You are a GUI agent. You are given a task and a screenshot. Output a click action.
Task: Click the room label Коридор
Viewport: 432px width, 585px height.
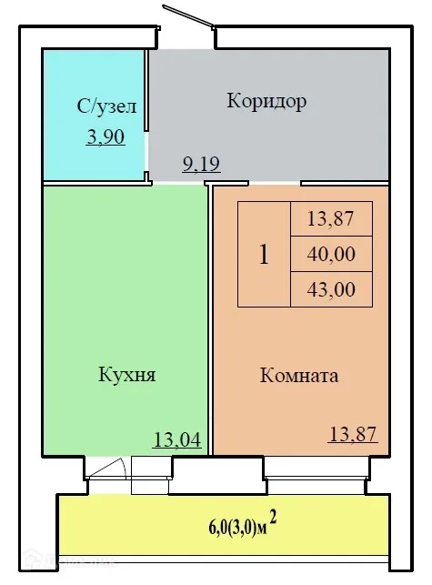[266, 101]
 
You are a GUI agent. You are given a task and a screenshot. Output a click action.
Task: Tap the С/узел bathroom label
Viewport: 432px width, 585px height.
[106, 107]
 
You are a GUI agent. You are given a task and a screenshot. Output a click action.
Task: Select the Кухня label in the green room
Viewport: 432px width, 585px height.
[126, 374]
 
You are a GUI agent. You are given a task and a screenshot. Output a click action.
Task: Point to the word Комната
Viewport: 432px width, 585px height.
[299, 375]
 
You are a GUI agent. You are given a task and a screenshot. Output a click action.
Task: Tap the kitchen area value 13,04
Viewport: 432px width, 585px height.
[176, 441]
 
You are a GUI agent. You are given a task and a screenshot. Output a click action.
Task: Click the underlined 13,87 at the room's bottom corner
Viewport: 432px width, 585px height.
[351, 436]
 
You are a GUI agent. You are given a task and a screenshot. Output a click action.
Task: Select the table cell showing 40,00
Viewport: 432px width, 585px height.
[331, 254]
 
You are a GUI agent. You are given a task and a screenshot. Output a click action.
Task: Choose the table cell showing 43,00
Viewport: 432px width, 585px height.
[331, 289]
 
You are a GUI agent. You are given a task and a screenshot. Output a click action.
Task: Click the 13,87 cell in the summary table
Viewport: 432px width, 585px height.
[331, 218]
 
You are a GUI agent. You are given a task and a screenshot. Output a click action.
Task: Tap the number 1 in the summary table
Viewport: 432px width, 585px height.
[264, 255]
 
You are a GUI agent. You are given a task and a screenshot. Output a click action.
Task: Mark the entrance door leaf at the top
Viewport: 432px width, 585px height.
[188, 21]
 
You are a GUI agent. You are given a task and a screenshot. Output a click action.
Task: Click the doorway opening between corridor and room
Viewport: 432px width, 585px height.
[256, 183]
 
